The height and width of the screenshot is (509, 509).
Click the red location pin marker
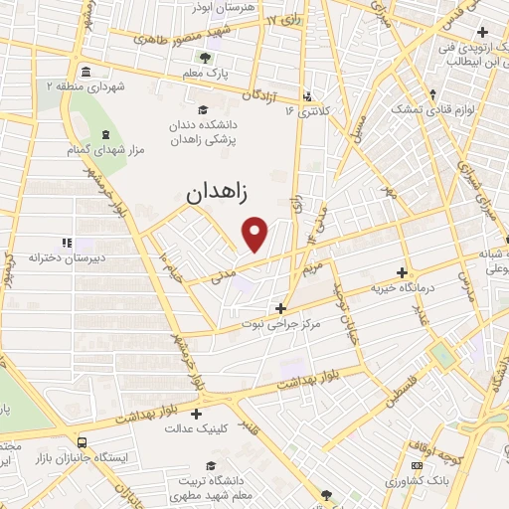[256, 235]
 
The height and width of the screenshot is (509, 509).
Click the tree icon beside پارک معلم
[206, 57]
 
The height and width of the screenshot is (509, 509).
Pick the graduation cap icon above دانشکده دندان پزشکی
[203, 109]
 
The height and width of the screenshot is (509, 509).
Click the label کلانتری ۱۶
[309, 109]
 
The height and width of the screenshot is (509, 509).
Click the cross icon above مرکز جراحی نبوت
[281, 308]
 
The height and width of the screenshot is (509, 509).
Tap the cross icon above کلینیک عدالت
[196, 414]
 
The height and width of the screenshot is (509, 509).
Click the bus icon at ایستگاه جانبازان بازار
[81, 442]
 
